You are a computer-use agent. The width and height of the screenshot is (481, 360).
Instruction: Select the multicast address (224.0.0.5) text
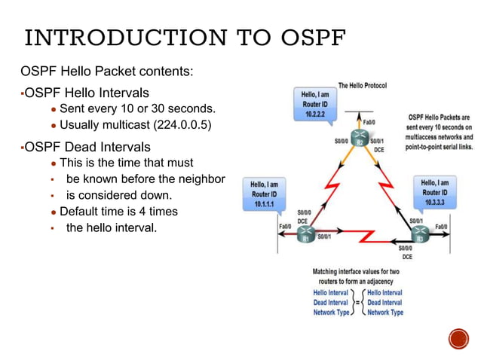[182, 124]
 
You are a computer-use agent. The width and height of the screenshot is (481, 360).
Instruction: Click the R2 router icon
[360, 141]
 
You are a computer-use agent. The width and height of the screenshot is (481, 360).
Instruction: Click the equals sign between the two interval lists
[358, 302]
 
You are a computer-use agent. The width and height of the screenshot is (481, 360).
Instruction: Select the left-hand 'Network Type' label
[332, 312]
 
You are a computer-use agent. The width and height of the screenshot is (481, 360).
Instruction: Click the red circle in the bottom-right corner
[458, 338]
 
